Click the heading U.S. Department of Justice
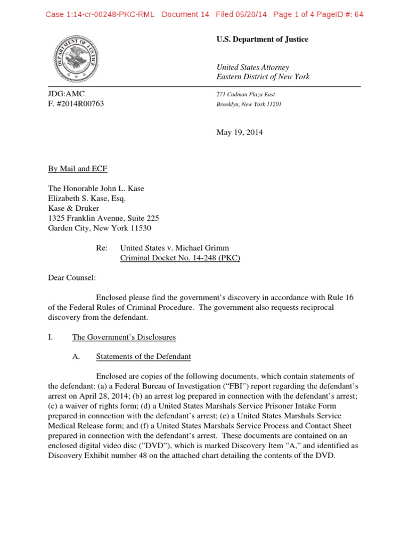[262, 39]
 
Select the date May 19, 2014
[239, 133]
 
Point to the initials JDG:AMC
[67, 94]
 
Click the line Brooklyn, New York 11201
[249, 104]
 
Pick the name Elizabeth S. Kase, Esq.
[87, 199]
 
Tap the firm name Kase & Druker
[73, 208]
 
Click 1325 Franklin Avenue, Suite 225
[103, 218]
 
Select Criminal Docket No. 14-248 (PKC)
[181, 258]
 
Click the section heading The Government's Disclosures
[124, 337]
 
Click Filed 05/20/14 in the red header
[242, 14]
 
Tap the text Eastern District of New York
[263, 77]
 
